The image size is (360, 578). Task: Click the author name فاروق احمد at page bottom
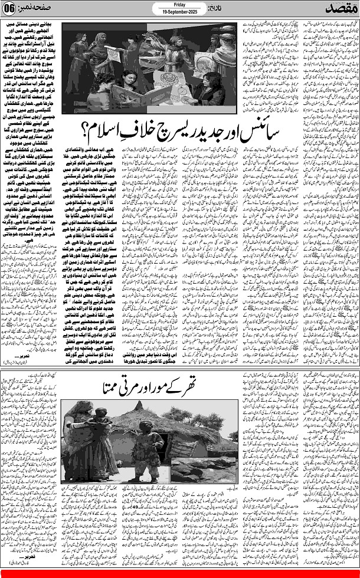click(x=27, y=573)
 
